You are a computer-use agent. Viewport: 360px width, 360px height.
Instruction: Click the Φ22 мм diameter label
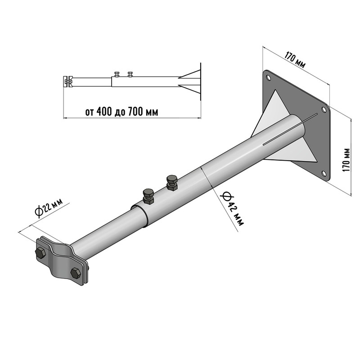(x=49, y=208)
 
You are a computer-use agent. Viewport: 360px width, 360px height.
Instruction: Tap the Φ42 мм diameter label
(x=232, y=209)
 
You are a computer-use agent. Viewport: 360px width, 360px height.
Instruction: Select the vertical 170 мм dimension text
(x=346, y=160)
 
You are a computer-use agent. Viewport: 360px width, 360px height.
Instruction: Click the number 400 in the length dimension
(x=105, y=112)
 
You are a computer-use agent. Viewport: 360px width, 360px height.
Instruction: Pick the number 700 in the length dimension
(x=136, y=112)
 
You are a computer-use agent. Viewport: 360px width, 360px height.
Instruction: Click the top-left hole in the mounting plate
(x=268, y=77)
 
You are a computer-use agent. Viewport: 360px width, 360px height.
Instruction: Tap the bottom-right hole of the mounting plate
(x=324, y=174)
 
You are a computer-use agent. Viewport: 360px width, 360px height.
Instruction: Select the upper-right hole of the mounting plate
(x=324, y=110)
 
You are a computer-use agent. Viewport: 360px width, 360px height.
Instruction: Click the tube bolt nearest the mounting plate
(x=172, y=183)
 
